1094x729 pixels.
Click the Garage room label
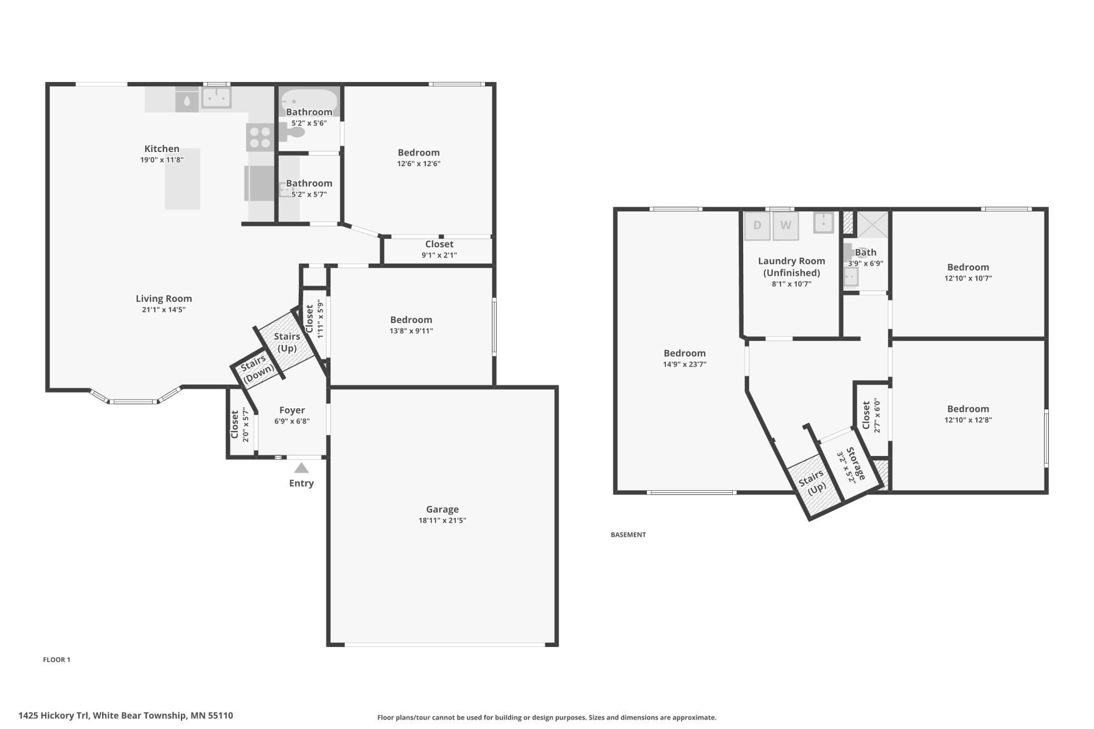click(x=442, y=509)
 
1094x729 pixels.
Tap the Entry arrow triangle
click(x=301, y=468)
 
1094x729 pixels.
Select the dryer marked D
click(x=757, y=226)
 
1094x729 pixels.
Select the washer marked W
click(x=785, y=226)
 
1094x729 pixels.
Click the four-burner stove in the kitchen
click(x=260, y=137)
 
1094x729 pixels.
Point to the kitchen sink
click(x=216, y=98)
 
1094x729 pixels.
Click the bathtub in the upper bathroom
click(x=309, y=99)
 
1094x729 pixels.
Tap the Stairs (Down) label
click(x=258, y=369)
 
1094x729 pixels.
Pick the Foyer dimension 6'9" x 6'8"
click(x=292, y=421)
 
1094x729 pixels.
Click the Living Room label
click(x=164, y=299)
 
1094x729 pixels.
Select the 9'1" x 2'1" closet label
click(x=439, y=255)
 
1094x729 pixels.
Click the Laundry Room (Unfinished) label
click(x=791, y=267)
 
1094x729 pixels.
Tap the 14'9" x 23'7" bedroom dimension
click(x=684, y=364)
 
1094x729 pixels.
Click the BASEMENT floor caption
click(x=628, y=534)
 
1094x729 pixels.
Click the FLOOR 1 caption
click(x=56, y=660)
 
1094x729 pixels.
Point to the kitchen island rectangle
click(x=182, y=179)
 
